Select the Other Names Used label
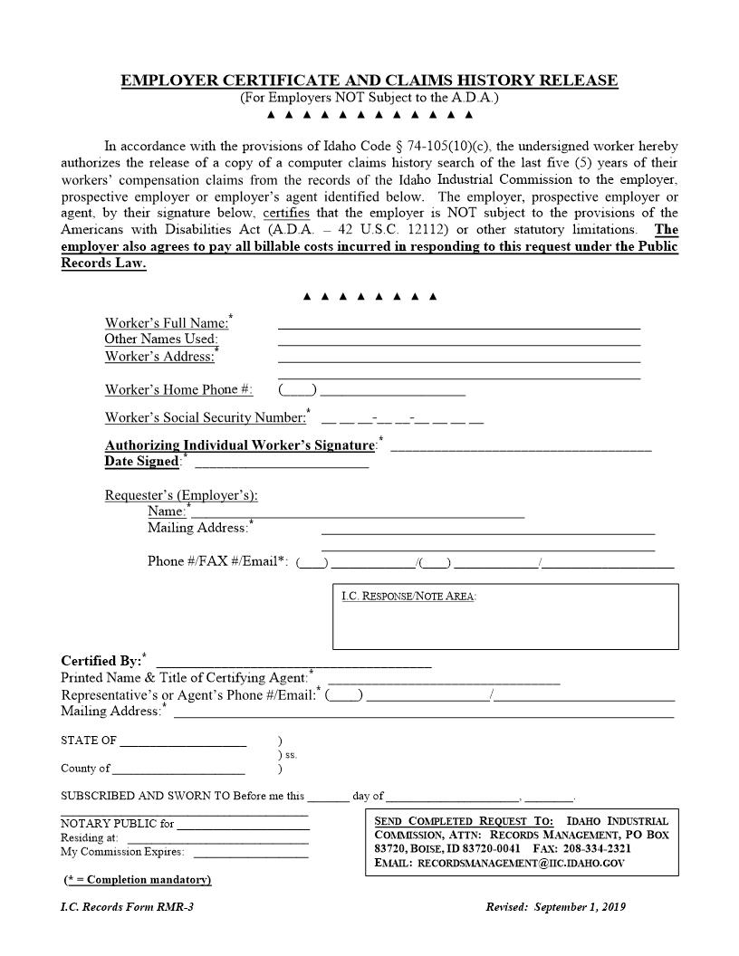tap(161, 339)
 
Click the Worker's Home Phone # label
tap(178, 390)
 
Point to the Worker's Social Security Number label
tap(206, 417)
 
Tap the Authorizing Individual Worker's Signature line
tap(521, 447)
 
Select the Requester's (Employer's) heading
tap(181, 495)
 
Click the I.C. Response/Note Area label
tap(408, 597)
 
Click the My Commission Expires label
tap(122, 852)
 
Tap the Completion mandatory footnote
tap(138, 880)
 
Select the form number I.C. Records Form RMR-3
tap(127, 907)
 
